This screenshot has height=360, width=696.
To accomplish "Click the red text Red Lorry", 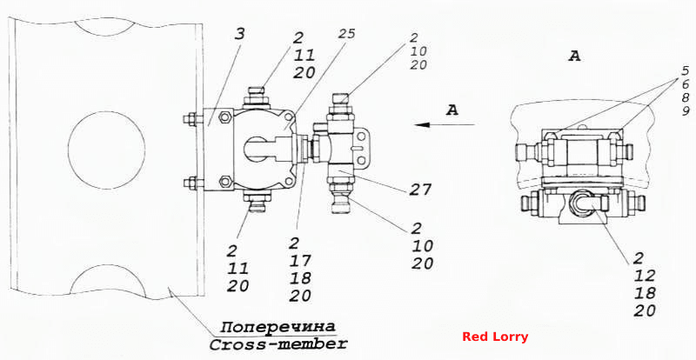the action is [495, 337].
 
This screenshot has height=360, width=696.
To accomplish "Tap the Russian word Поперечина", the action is [278, 327].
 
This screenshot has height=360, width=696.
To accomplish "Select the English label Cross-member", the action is [278, 343].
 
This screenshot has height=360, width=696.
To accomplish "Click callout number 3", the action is [241, 34].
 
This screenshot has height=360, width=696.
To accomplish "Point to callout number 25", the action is [346, 33].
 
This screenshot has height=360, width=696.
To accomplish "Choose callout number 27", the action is [421, 190].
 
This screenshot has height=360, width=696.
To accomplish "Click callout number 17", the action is [300, 260].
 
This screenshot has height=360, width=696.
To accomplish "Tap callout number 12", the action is [645, 276].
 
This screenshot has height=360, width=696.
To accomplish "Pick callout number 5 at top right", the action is [686, 70].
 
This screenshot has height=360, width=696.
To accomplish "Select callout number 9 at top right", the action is [686, 110].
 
